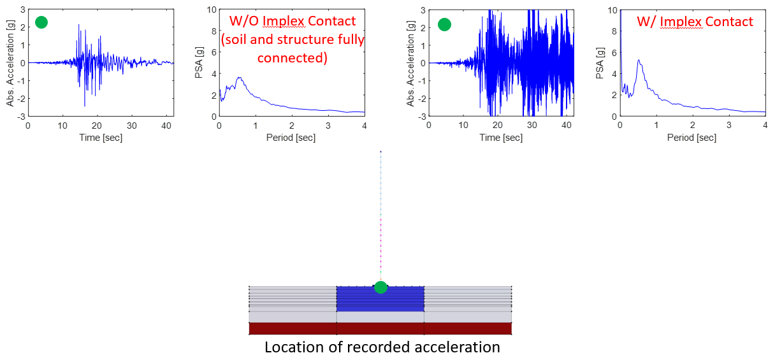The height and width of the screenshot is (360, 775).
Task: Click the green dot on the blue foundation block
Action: pos(380,287)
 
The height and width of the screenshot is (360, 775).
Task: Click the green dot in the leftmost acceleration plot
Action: pos(41,22)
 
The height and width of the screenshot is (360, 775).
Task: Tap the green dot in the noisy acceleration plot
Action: pos(445,25)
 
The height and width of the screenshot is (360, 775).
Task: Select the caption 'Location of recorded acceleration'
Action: pos(382,347)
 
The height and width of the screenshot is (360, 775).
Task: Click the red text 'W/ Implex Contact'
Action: pos(695,22)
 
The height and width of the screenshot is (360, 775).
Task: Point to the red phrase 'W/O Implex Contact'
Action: pos(293,21)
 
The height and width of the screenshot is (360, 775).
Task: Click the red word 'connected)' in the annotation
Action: pos(293,58)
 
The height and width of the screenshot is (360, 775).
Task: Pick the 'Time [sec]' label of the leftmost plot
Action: pos(101,138)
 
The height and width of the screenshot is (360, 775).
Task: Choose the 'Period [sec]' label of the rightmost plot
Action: pos(692,138)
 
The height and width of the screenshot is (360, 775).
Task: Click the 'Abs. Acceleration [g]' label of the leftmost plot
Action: pos(10,63)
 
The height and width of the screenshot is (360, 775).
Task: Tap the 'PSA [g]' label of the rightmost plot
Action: pos(600,63)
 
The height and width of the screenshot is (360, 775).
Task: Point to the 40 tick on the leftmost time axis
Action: pos(166,126)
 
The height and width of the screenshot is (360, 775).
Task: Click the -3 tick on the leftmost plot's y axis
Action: pos(22,117)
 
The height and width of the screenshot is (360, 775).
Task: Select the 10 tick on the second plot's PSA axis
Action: pos(212,10)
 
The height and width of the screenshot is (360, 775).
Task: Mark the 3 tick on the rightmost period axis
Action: pos(729,125)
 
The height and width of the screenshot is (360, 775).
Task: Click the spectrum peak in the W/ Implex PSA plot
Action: pos(639,60)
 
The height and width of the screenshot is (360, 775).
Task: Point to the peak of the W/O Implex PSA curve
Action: pos(239,78)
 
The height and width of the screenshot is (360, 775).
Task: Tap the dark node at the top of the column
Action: pos(380,152)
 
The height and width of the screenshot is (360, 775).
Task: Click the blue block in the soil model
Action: pos(380,299)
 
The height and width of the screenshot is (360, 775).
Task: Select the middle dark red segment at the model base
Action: pos(380,329)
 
